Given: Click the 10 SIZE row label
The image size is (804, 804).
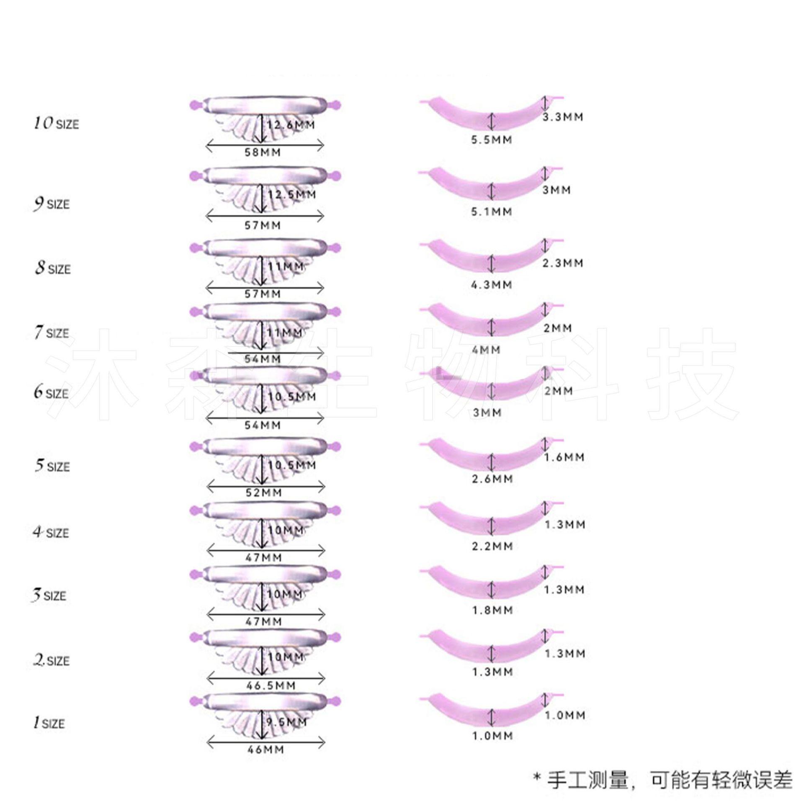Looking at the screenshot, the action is coord(56,124).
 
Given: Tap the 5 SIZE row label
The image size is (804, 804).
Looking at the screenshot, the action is coord(52,466).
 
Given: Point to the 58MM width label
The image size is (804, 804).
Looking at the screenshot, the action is coord(263,152).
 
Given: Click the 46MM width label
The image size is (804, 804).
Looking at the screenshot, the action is coord(265,749).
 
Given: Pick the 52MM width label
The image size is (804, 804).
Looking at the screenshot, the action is coord(263,492).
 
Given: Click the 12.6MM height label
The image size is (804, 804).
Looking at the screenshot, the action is coord(291,125).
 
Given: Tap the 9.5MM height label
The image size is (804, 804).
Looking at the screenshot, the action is coord(287,722).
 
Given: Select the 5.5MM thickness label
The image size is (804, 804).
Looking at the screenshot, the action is coord(492,140).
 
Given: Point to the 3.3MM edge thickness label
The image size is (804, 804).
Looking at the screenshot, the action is coord(563,117).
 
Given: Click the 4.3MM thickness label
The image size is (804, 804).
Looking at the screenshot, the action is coord(492,285).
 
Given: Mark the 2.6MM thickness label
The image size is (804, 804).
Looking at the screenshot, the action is coord(492,479).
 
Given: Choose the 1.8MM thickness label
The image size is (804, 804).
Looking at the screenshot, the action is coord(492,611).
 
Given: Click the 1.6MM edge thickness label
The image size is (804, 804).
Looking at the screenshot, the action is coord(564,457).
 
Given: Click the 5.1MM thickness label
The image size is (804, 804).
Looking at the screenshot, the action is coord(492,212).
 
